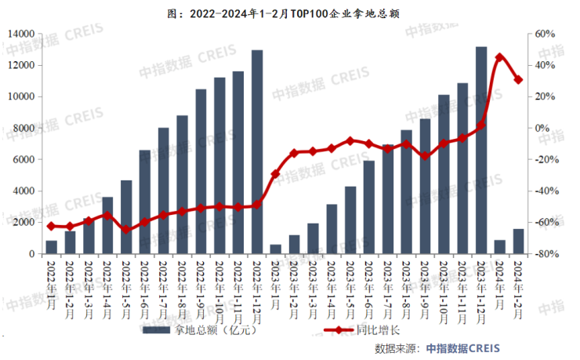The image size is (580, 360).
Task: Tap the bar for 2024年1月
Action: [x=499, y=247]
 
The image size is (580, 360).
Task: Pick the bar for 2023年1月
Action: [x=276, y=249]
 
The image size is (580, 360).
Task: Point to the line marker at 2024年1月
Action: [x=499, y=57]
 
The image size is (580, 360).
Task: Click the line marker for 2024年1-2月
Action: [x=518, y=79]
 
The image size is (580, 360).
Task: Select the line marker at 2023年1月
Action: [x=276, y=174]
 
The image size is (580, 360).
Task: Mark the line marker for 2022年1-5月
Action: [x=126, y=229]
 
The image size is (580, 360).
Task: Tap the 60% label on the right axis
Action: [x=545, y=34]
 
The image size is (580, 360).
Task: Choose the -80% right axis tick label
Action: [x=545, y=254]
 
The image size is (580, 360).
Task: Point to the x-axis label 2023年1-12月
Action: [x=481, y=289]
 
